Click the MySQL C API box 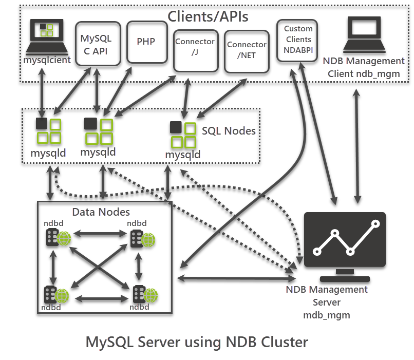pyautogui.click(x=98, y=44)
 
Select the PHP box pyautogui.click(x=147, y=42)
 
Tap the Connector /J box pyautogui.click(x=196, y=51)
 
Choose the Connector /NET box pyautogui.click(x=247, y=52)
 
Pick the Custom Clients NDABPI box pyautogui.click(x=297, y=41)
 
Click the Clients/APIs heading pyautogui.click(x=208, y=16)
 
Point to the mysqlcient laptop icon pyautogui.click(x=47, y=36)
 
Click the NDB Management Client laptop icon pyautogui.click(x=364, y=34)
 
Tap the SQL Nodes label pyautogui.click(x=229, y=131)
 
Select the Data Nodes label pyautogui.click(x=101, y=212)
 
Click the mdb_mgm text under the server pyautogui.click(x=327, y=315)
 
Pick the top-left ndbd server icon pyautogui.click(x=59, y=238)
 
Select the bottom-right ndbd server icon pyautogui.click(x=145, y=294)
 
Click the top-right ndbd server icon pyautogui.click(x=143, y=239)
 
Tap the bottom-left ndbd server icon pyautogui.click(x=57, y=295)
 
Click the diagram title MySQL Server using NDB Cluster pyautogui.click(x=197, y=343)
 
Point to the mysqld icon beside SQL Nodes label pyautogui.click(x=183, y=135)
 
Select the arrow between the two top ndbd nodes pyautogui.click(x=100, y=234)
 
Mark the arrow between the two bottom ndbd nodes pyautogui.click(x=102, y=299)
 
